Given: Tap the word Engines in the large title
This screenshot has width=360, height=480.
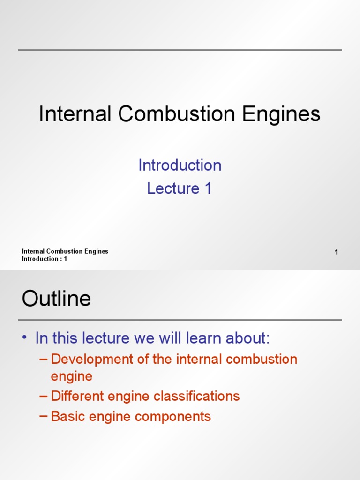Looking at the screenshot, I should [x=285, y=114].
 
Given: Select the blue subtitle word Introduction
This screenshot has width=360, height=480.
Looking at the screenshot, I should [x=180, y=165].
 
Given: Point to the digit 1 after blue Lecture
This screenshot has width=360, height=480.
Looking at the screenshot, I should [x=208, y=188].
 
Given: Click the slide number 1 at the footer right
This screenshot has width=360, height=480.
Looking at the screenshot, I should [x=337, y=253].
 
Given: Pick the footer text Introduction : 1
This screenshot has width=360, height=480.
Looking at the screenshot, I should [x=45, y=259].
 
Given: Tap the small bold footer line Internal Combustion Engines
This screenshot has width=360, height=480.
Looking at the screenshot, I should [x=65, y=251].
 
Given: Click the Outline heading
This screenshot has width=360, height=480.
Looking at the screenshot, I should [x=56, y=299].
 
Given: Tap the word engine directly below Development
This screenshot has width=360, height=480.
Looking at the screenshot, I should [x=71, y=376].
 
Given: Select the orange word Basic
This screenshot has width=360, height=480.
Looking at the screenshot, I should [x=66, y=416].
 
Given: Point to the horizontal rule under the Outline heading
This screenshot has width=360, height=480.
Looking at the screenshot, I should [x=180, y=320].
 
